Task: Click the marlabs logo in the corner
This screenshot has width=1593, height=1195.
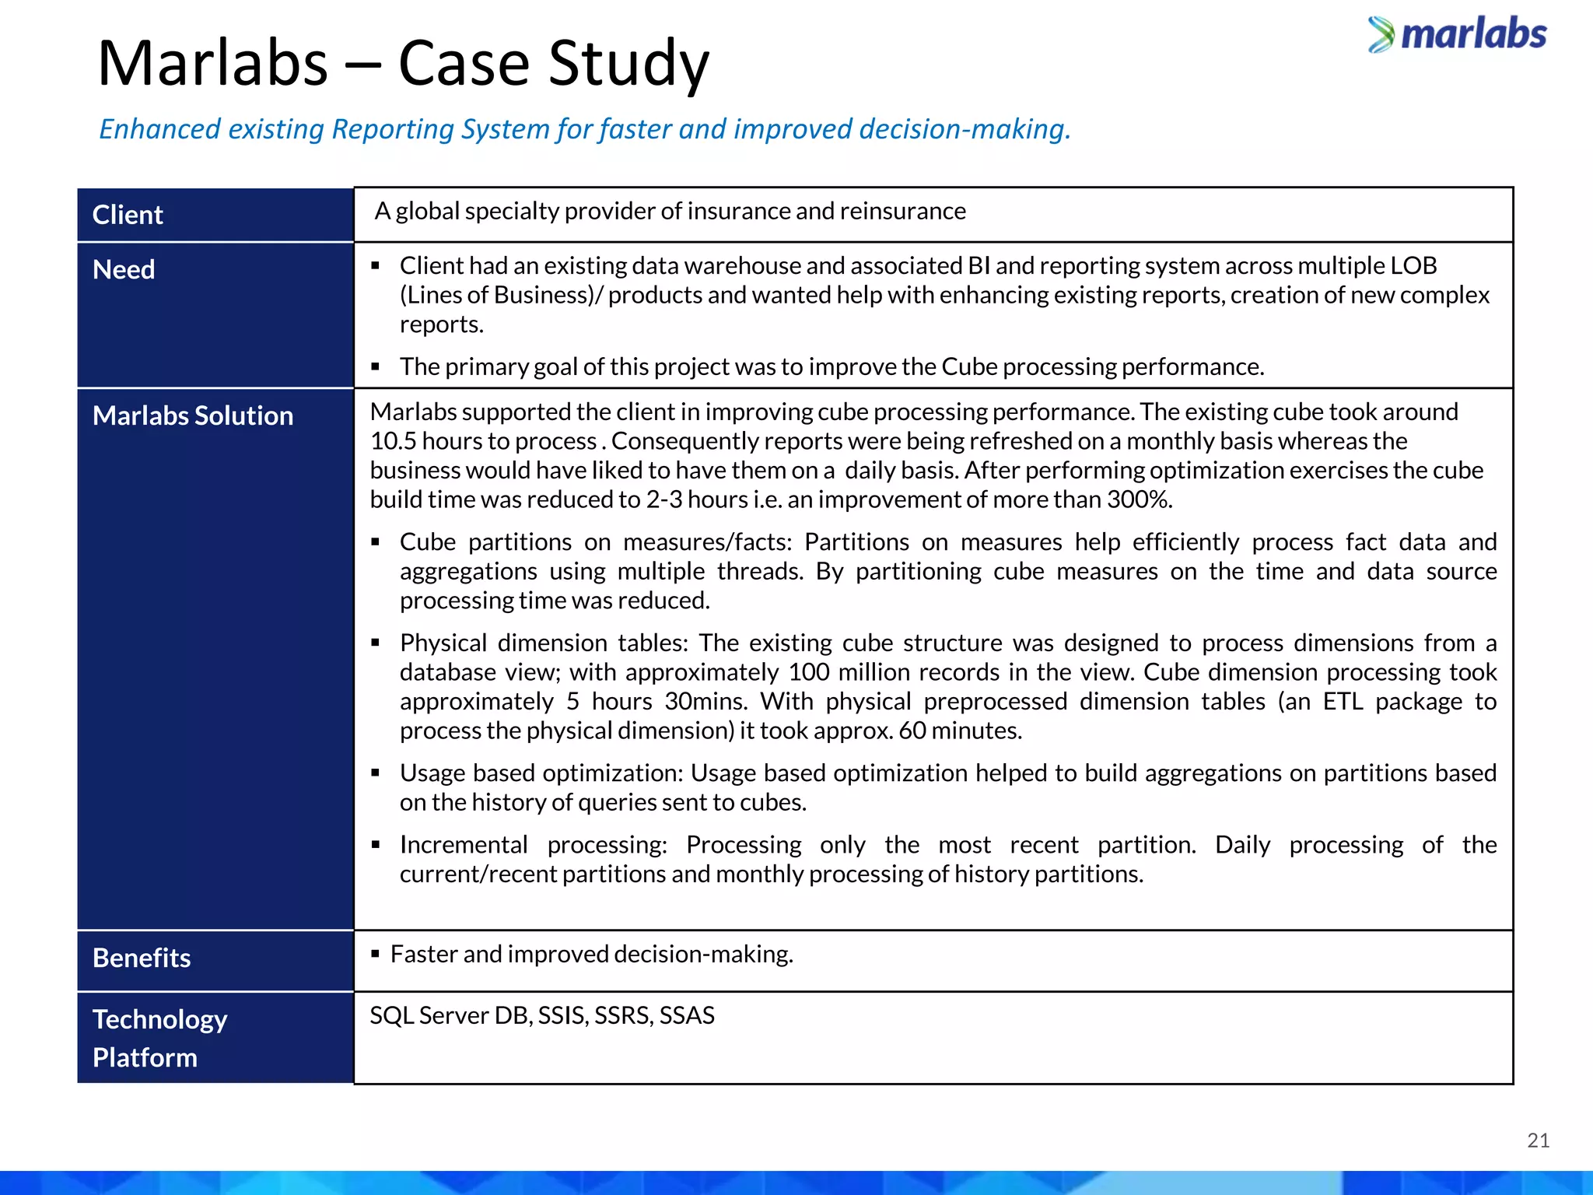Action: coord(1458,35)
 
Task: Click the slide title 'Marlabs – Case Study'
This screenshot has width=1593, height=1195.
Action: coord(403,64)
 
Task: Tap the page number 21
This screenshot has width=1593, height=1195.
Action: coord(1538,1141)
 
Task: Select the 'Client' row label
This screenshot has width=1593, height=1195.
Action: coord(128,215)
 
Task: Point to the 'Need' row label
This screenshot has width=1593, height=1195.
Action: coord(124,269)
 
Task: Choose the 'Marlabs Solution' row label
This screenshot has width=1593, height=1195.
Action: coord(193,415)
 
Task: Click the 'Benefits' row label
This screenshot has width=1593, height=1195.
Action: coord(142,958)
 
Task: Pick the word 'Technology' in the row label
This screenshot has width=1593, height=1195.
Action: coord(159,1019)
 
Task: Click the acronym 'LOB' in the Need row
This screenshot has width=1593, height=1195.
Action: coord(1413,266)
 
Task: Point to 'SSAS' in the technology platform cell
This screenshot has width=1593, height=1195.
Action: coord(687,1015)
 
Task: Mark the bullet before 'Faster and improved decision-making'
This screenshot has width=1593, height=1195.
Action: coord(375,954)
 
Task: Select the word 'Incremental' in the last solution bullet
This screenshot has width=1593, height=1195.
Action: coord(464,845)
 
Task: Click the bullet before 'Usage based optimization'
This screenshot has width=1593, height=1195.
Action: coord(376,773)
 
